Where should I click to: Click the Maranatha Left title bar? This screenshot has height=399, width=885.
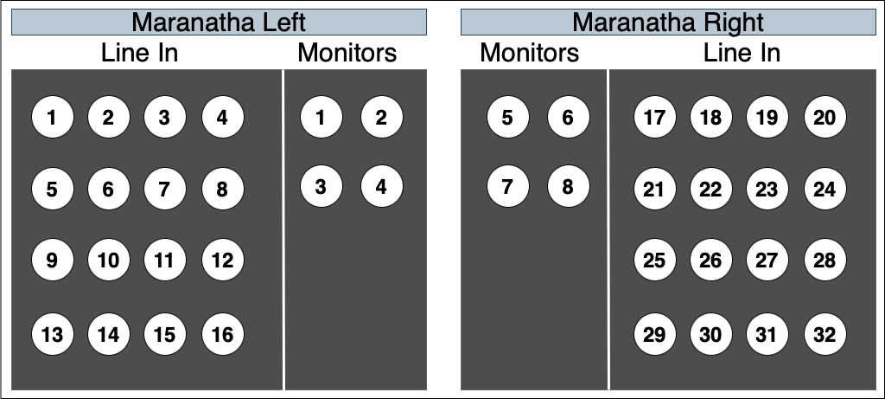(219, 23)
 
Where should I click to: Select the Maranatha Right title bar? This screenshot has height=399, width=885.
(668, 23)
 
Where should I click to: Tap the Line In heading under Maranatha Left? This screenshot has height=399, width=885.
(139, 53)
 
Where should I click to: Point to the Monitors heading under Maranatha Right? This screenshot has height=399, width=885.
(530, 53)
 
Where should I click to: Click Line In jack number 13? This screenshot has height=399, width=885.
(53, 335)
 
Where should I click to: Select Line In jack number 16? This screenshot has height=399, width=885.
(223, 335)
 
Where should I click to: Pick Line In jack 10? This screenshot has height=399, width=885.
(108, 260)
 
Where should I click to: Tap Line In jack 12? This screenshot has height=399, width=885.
(223, 260)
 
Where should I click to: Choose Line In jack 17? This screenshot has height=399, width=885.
(655, 117)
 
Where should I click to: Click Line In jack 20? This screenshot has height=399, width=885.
(825, 117)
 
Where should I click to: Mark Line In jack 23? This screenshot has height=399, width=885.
(767, 189)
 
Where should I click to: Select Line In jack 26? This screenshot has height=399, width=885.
(710, 260)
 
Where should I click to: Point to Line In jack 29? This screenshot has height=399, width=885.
(655, 335)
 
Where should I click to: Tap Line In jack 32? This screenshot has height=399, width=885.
(825, 335)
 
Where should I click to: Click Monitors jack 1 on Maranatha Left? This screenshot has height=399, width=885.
(322, 117)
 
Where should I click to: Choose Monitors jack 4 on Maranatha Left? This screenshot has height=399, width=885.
(381, 186)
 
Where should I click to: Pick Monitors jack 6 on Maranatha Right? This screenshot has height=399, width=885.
(569, 117)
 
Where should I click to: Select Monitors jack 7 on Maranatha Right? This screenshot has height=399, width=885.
(508, 186)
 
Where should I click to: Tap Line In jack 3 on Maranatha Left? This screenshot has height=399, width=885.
(165, 117)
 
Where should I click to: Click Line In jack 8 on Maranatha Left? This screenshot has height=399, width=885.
(223, 189)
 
